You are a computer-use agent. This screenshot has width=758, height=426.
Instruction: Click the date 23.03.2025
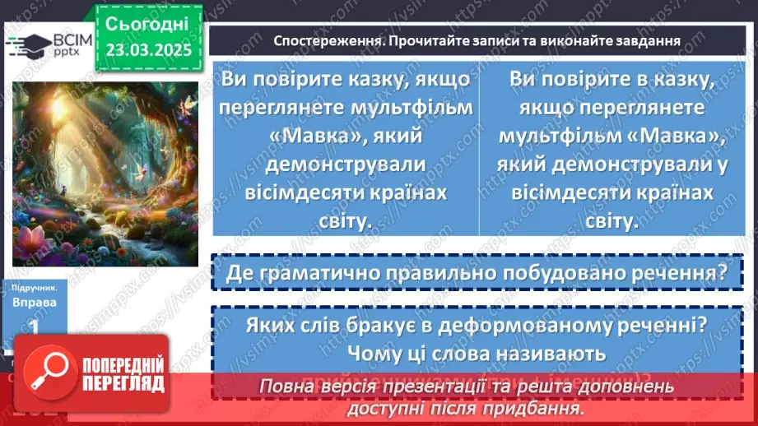pos(147,49)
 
